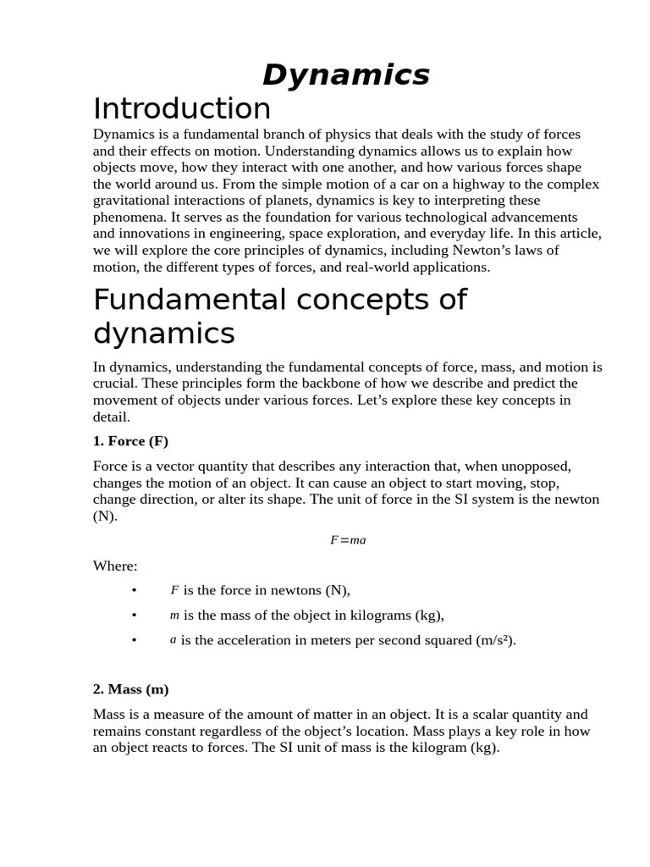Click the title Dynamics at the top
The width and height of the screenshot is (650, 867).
345,75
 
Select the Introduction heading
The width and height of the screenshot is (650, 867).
182,109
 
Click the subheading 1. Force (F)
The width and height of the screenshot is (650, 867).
130,441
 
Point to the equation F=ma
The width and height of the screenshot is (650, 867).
348,540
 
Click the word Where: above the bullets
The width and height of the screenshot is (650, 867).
115,566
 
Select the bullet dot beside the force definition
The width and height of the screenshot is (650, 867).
134,590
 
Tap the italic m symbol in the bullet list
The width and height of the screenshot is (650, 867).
174,616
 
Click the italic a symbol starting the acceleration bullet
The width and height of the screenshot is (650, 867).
173,640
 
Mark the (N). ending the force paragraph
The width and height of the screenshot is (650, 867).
104,516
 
